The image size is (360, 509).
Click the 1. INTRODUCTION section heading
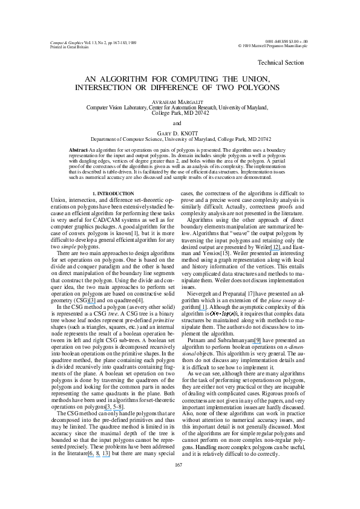coord(113,177)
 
